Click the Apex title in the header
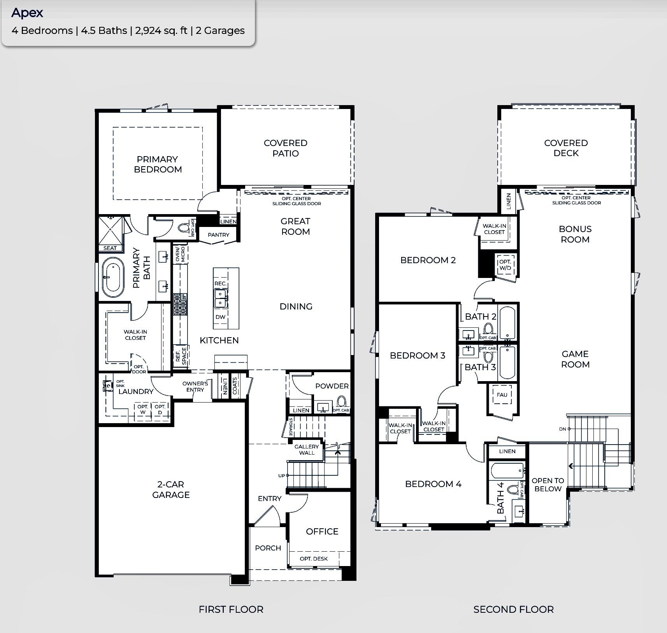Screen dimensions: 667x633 pos(27,13)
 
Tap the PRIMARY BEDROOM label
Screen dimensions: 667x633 pos(158,164)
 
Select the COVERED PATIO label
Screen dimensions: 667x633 pos(286,148)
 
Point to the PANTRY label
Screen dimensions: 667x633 pos(218,235)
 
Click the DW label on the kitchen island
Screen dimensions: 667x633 pos(220,317)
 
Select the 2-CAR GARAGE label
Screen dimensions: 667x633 pos(171,489)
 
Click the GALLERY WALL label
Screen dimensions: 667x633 pos(307,450)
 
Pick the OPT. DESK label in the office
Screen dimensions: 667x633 pos(314,559)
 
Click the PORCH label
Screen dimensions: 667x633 pos(268,548)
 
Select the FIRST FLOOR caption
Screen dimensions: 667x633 pos(231,609)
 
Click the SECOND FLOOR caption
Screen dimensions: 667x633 pos(513,609)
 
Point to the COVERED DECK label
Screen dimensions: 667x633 pos(566,148)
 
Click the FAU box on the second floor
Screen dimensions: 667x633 pos(502,395)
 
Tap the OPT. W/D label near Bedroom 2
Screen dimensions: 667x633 pos(505,265)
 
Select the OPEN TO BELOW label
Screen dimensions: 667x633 pos(548,485)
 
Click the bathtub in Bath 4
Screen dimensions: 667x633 pos(507,471)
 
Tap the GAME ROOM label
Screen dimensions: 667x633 pos(575,359)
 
